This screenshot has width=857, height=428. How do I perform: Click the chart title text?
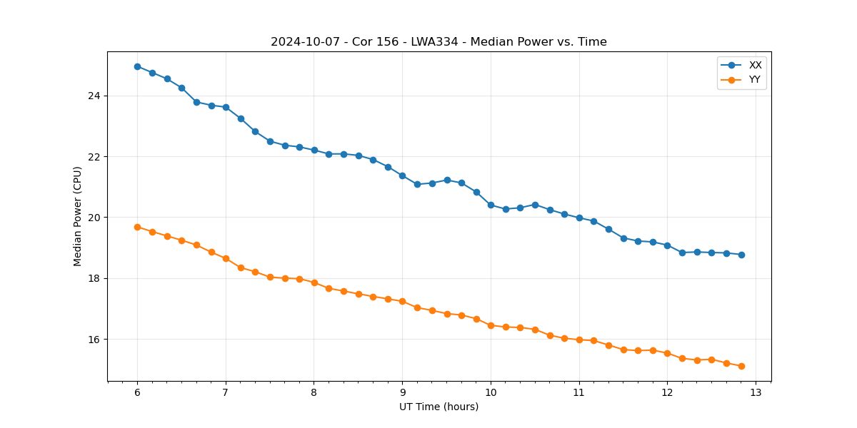click(438, 42)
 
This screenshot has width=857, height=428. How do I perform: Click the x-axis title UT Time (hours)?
click(438, 407)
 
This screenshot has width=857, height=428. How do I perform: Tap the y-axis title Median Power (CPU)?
click(78, 216)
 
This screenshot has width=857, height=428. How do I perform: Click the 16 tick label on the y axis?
click(94, 340)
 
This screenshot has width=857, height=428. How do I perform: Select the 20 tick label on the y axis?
click(94, 218)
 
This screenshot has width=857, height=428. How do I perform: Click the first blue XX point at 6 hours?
click(137, 66)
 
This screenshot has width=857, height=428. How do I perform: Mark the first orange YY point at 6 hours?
click(137, 227)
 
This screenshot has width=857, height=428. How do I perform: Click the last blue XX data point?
click(741, 255)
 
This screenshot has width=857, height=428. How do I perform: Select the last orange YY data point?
click(741, 366)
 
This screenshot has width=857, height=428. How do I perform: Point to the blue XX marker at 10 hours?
click(491, 205)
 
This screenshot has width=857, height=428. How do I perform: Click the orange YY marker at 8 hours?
click(314, 282)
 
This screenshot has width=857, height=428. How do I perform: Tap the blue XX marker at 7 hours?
click(226, 107)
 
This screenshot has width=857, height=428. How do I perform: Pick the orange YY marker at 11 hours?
click(579, 340)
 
